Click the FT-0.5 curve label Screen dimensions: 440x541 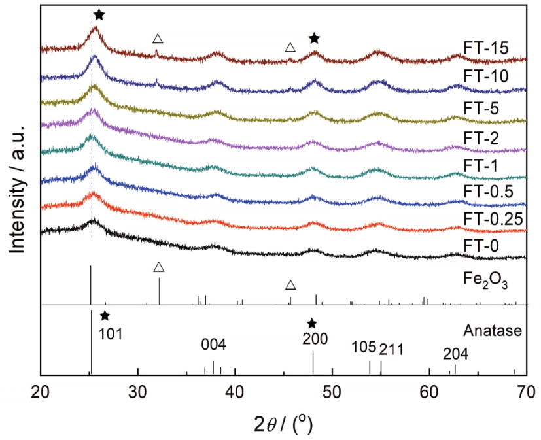488,192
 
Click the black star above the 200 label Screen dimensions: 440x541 312,324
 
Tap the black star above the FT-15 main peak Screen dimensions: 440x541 99,14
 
